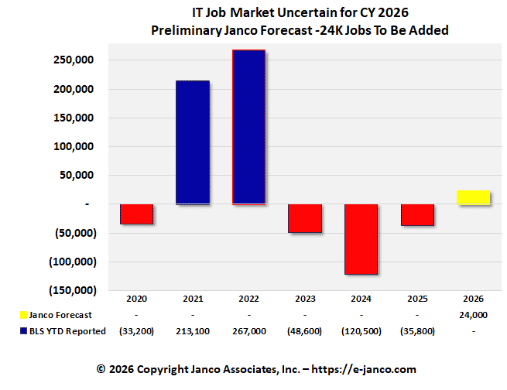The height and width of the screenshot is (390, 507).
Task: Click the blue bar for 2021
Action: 193,142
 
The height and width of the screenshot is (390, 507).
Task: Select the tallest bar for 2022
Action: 249,128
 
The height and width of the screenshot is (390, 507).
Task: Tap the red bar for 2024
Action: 361,239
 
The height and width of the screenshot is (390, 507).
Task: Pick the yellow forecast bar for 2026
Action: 473,197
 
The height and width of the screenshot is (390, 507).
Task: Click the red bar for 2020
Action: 136,214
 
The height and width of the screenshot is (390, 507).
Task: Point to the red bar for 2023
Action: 305,218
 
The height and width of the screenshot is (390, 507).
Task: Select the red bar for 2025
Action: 417,215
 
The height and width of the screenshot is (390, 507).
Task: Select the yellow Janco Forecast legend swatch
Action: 22,315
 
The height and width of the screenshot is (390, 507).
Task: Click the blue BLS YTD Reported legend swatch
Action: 22,331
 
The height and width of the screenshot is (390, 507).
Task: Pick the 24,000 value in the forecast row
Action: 473,315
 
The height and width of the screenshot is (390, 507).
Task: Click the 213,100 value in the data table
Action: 193,331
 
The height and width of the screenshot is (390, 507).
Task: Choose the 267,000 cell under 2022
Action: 249,331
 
